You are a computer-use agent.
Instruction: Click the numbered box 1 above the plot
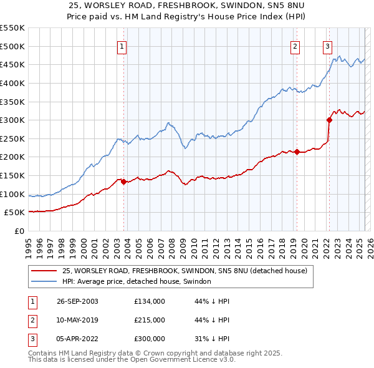tap(123, 46)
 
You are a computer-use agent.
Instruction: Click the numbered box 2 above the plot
tap(295, 46)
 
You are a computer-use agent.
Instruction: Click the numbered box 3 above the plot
tap(327, 46)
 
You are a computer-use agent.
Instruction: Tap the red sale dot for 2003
tap(123, 182)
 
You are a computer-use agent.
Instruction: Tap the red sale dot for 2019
tap(297, 152)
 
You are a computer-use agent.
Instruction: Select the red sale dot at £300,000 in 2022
tap(329, 120)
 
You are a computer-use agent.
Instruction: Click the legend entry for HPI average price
tap(137, 282)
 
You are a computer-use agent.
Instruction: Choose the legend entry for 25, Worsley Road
tap(185, 271)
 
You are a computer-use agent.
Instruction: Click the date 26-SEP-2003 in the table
tap(78, 301)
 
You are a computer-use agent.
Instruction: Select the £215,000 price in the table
tap(150, 320)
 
